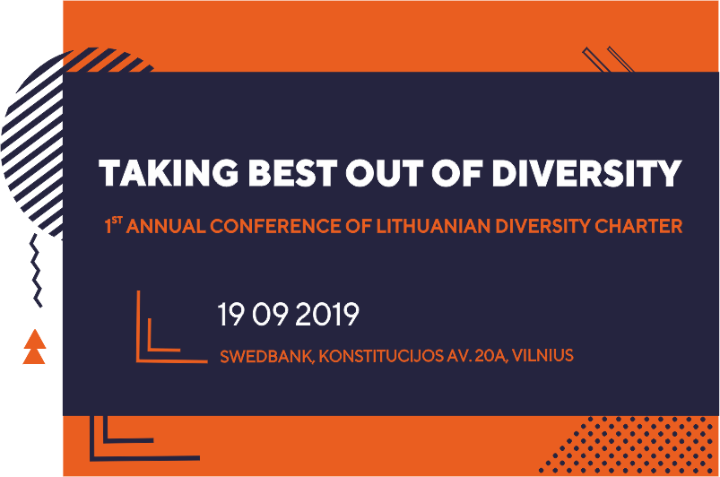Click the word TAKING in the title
pos(169,173)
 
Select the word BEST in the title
pos(292,173)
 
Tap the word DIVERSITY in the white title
pos(586,173)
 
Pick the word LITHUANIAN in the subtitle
pos(433,226)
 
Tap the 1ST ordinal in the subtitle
pos(113,224)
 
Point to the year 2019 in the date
pos(326,315)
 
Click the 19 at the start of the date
pos(230,315)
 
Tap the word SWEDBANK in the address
pos(267,356)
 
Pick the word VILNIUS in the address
pos(542,355)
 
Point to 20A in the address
pos(491,356)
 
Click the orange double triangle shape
pos(34,347)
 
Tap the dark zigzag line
pos(36,270)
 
